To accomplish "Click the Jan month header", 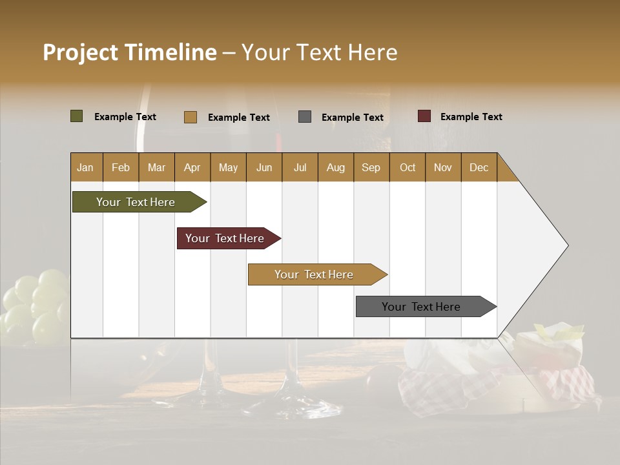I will click(x=86, y=167).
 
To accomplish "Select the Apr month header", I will click(x=192, y=167).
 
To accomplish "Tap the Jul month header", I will click(x=300, y=167).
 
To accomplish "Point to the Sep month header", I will click(x=371, y=167).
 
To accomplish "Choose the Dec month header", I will click(x=479, y=167).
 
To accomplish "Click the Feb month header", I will click(x=121, y=167).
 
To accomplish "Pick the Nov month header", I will click(x=443, y=167).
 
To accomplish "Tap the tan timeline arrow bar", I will click(x=315, y=274).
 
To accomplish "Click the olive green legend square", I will click(x=77, y=116).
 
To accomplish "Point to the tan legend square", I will click(x=191, y=117).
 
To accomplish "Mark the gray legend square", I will click(x=305, y=117).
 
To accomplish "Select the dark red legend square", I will click(x=424, y=116).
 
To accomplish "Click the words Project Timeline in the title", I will click(x=130, y=52).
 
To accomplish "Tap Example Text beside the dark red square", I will click(x=471, y=117).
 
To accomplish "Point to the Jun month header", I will click(x=264, y=167).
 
